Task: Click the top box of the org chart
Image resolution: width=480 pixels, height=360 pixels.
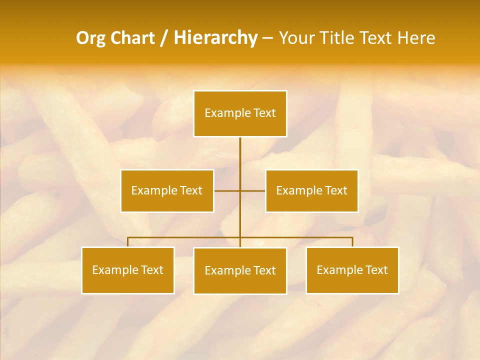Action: tap(240, 113)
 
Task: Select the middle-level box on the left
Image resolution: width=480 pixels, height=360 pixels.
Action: tap(167, 191)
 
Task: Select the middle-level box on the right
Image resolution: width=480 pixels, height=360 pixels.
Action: tap(311, 191)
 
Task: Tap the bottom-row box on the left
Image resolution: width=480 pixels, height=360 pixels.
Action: tap(127, 270)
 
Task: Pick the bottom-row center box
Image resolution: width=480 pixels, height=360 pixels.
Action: tap(240, 271)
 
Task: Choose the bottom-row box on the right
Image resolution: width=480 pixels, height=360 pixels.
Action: tap(352, 270)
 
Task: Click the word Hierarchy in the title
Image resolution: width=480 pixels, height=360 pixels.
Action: tap(215, 38)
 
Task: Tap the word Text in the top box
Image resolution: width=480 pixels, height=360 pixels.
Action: tap(265, 113)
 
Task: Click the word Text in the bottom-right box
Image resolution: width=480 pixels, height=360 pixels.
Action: tap(377, 270)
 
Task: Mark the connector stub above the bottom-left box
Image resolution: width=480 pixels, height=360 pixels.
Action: tap(127, 242)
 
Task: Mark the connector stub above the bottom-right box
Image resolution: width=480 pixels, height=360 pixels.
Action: tap(352, 242)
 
